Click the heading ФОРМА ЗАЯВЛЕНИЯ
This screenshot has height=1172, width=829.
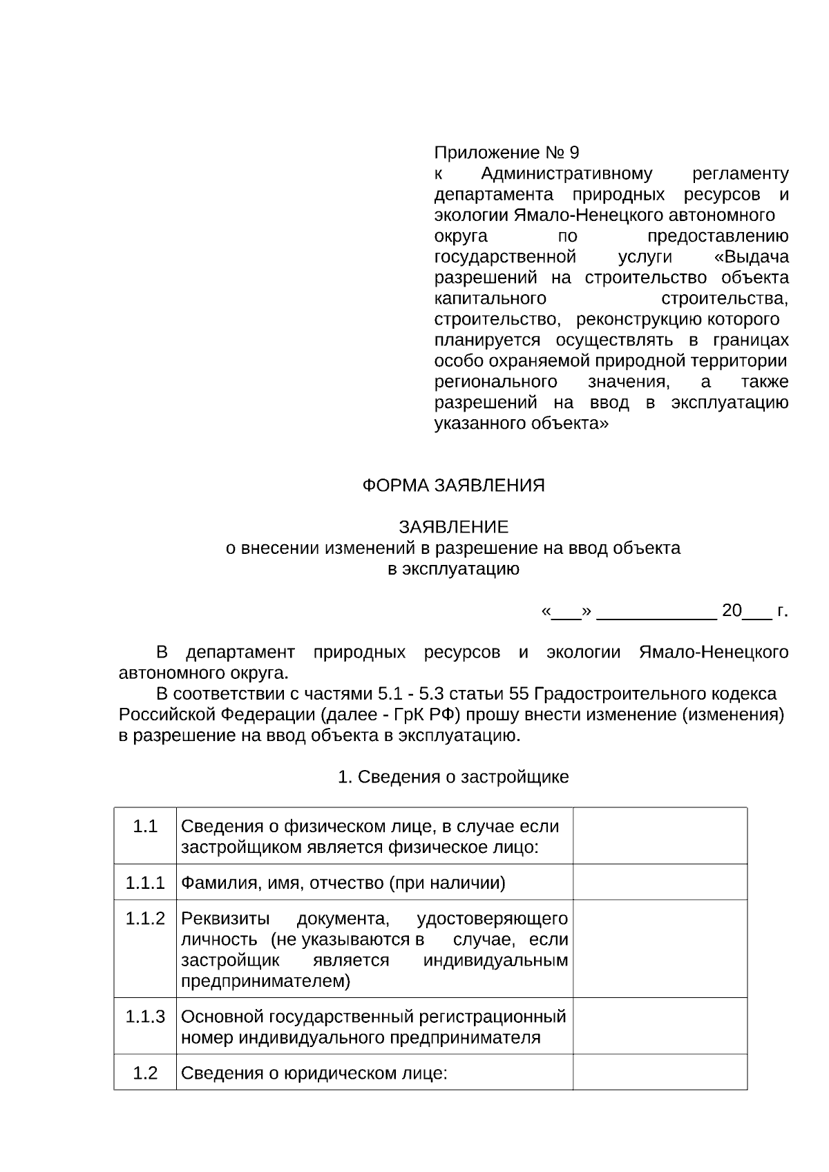[x=453, y=486]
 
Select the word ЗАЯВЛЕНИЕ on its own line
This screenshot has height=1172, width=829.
[x=453, y=528]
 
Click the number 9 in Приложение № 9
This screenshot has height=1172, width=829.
[x=575, y=153]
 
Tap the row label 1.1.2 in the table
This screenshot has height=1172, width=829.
[x=145, y=919]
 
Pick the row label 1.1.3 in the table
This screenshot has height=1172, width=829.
[x=145, y=1017]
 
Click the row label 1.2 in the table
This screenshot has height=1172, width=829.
[x=145, y=1073]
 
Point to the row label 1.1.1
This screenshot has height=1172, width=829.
[x=145, y=883]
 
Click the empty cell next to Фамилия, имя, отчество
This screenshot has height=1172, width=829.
[x=660, y=882]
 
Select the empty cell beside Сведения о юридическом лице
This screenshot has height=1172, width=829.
[x=660, y=1073]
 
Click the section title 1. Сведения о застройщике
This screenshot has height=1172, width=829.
[x=453, y=777]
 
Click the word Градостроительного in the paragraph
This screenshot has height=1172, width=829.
[x=611, y=694]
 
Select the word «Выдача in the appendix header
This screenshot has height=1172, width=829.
[x=751, y=258]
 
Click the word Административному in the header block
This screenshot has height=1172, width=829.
[x=566, y=173]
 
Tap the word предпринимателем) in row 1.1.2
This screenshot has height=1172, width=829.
[x=265, y=981]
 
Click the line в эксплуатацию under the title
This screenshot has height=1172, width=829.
[x=453, y=569]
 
